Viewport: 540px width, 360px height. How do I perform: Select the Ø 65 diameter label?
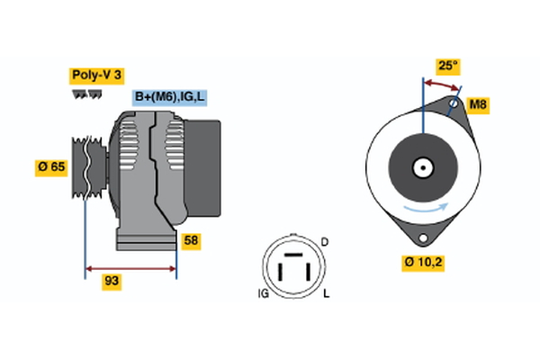coord(51,167)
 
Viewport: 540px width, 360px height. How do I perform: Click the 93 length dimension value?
coord(112,282)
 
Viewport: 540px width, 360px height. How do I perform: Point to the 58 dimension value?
coord(191,241)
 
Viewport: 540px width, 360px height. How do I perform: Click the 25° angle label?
coord(447,66)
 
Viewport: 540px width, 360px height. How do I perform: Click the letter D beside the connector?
coord(325,243)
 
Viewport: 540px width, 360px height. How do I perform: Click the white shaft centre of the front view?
coord(421,167)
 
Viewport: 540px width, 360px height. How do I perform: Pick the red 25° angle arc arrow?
coord(442,84)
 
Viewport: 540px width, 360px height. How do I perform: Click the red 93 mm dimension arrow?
coord(130,268)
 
